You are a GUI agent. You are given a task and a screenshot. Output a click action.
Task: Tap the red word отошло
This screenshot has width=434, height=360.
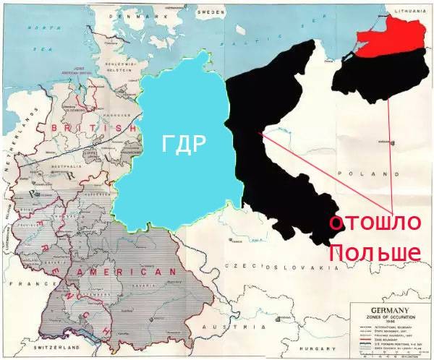click(x=374, y=223)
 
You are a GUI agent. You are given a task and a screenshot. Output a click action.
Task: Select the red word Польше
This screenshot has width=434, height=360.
click(x=375, y=252)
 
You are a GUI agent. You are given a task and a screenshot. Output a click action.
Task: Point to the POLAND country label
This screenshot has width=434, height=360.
click(x=373, y=174)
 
